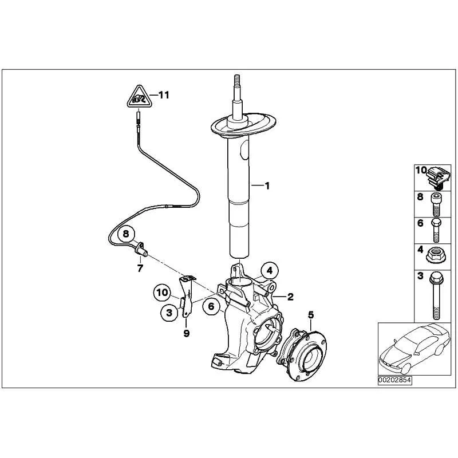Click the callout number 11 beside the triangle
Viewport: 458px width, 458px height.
[164, 95]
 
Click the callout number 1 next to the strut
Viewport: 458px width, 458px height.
[267, 185]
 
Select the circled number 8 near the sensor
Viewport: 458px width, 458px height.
[125, 234]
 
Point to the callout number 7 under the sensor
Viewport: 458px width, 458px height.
[140, 268]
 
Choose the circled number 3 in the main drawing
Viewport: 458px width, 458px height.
[169, 313]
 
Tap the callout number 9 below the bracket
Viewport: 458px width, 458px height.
[187, 333]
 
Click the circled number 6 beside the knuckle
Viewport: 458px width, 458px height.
[211, 306]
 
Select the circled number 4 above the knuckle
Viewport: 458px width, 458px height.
[270, 271]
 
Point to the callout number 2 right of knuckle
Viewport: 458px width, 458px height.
[290, 297]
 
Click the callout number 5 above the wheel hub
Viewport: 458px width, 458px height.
[311, 315]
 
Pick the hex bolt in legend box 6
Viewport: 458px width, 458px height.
[436, 231]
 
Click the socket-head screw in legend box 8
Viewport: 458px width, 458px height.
[436, 204]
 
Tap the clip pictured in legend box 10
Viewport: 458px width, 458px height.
[437, 177]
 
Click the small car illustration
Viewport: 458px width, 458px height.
[414, 349]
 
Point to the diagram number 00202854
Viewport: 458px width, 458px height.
[394, 380]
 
